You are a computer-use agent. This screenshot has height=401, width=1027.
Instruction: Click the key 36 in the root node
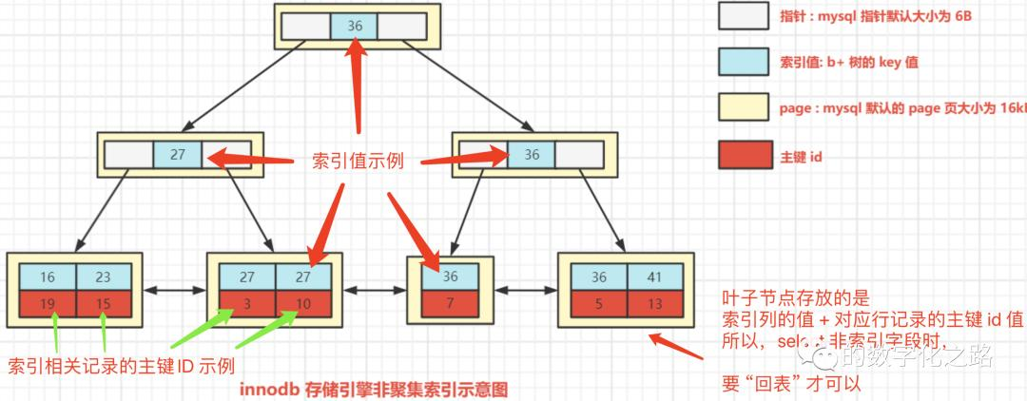pos(355,27)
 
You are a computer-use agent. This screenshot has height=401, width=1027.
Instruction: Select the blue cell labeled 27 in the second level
pos(177,155)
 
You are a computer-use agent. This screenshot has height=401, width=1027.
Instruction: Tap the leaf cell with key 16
pos(47,277)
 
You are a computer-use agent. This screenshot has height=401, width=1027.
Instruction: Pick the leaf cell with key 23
pos(103,277)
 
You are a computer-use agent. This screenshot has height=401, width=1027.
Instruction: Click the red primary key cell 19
pos(47,305)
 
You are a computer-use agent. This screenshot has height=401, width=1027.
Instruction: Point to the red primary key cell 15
pos(103,305)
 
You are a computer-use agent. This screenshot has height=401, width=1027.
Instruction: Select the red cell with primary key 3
pos(247,305)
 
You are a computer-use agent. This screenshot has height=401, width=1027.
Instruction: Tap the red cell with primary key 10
pos(302,305)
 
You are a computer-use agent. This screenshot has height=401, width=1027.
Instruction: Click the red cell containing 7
pos(449,305)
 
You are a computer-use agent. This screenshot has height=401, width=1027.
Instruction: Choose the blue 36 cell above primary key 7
pos(449,277)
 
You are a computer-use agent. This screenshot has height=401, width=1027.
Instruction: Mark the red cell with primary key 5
pos(600,305)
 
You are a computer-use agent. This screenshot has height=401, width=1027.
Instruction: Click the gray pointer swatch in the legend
pos(743,17)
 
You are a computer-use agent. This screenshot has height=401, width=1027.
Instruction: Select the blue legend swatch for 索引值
pos(743,62)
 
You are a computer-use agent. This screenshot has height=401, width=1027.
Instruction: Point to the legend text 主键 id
pos(801,156)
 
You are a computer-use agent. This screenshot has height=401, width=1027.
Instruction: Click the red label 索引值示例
pos(358,162)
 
